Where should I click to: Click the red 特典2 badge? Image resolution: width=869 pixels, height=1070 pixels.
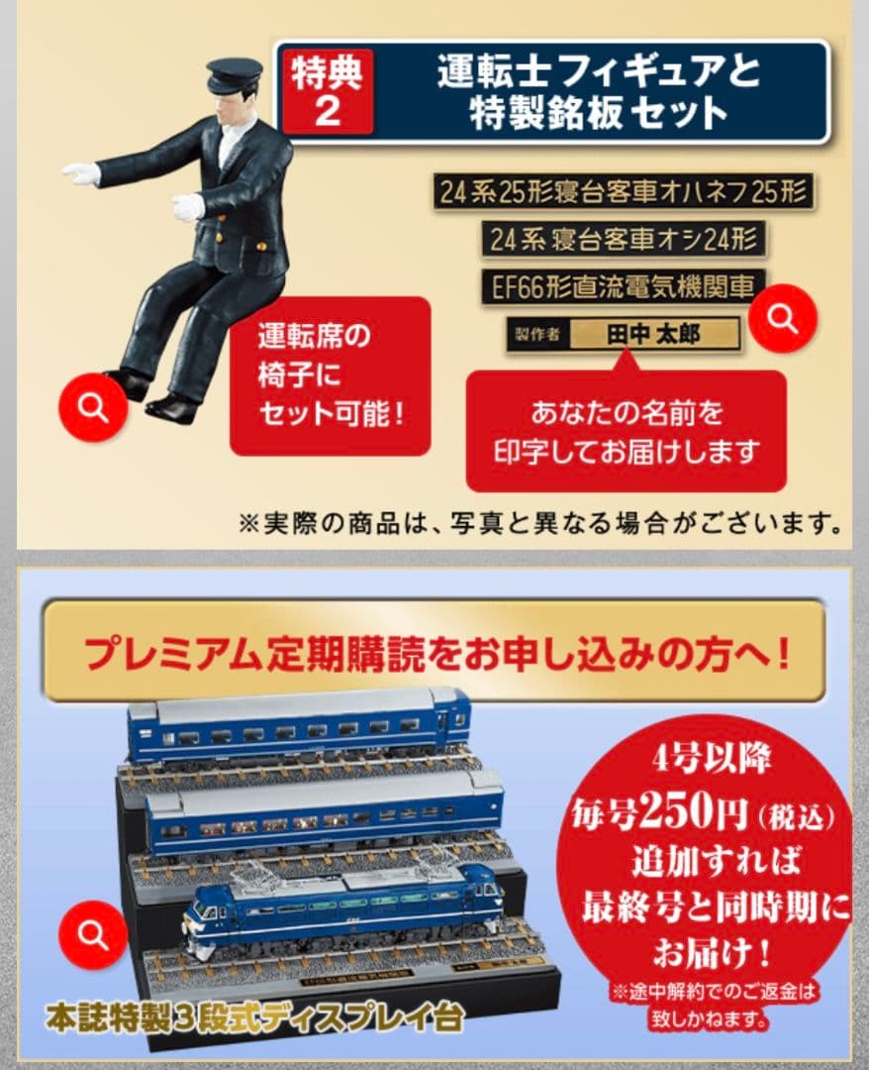[327, 91]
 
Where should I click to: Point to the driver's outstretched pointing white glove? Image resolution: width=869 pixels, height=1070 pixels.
[82, 174]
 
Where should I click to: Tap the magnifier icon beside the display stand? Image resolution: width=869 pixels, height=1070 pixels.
[94, 933]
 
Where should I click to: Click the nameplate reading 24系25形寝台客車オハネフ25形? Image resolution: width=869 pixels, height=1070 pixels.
[623, 191]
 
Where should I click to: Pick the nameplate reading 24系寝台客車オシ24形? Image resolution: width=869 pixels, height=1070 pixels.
[625, 239]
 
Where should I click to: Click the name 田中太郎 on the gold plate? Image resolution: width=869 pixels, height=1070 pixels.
[653, 334]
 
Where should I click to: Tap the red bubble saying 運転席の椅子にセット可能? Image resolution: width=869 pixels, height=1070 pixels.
[331, 375]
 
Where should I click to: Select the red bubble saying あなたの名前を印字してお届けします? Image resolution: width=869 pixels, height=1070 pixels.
[626, 432]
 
